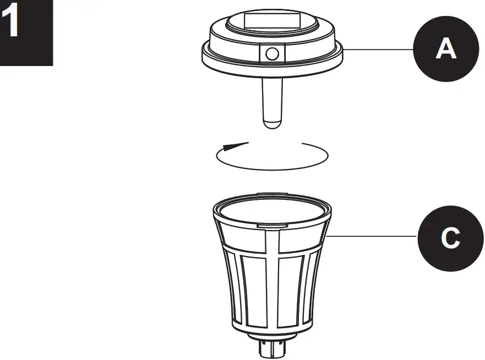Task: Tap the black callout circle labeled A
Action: pos(445,48)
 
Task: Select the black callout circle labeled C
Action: pos(450,238)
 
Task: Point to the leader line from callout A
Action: pos(380,49)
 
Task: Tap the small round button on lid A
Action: pos(271,53)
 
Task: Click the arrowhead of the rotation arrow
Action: pos(231,146)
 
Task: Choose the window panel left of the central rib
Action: pos(252,286)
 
